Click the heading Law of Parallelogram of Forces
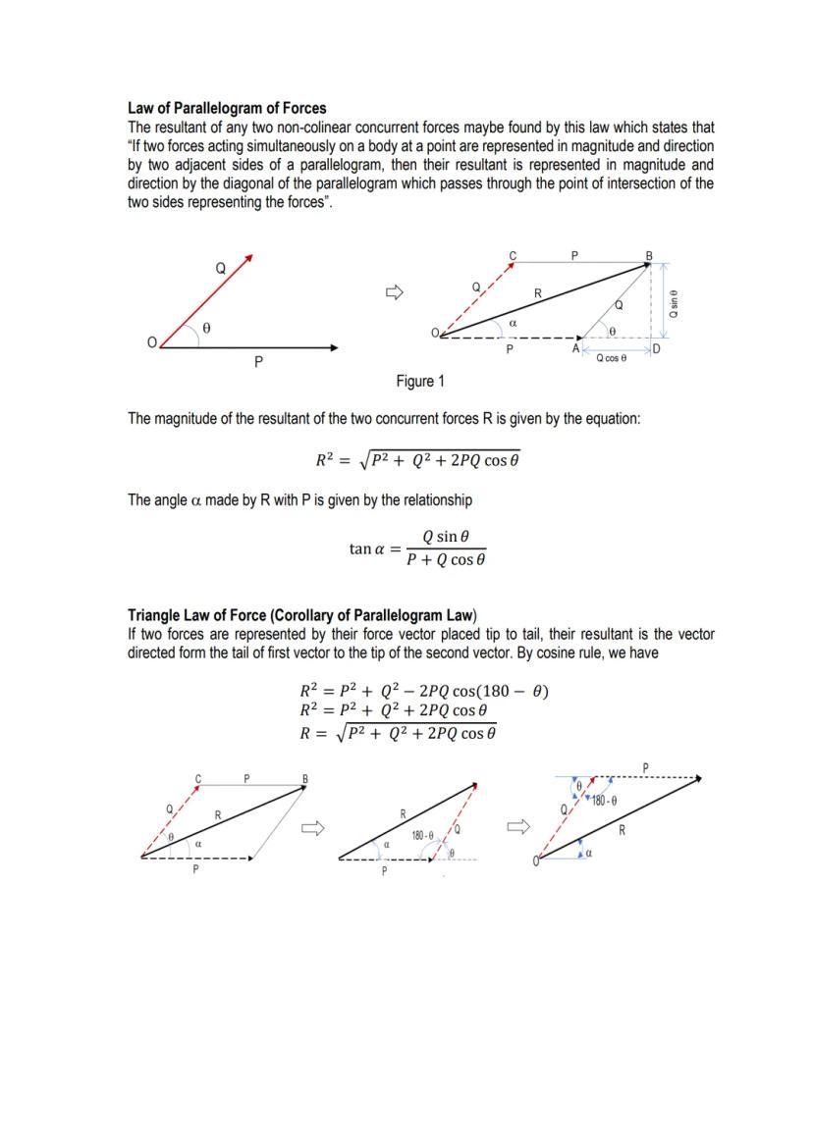pos(227,108)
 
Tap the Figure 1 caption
pos(419,381)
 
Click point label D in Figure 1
pos(656,349)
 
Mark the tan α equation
pos(417,548)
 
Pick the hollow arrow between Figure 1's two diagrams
pos(394,291)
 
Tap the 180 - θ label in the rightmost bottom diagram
pos(604,802)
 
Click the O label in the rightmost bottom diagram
pos(537,861)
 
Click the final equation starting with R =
pos(398,732)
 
